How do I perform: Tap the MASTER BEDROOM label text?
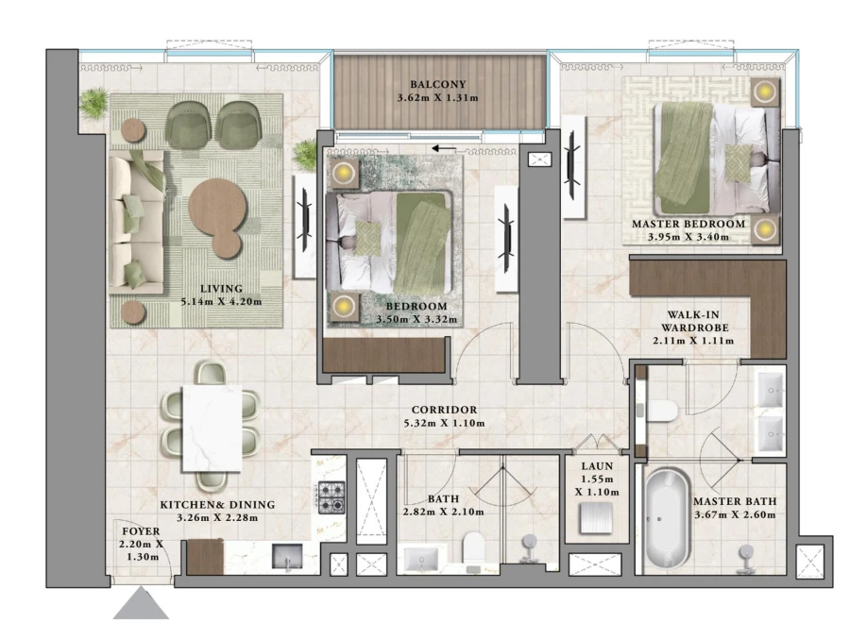(x=688, y=225)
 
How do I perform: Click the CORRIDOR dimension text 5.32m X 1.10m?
(x=443, y=424)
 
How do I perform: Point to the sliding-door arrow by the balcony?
(x=442, y=148)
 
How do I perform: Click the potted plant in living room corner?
(x=93, y=101)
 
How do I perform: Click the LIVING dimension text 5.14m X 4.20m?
(x=221, y=301)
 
